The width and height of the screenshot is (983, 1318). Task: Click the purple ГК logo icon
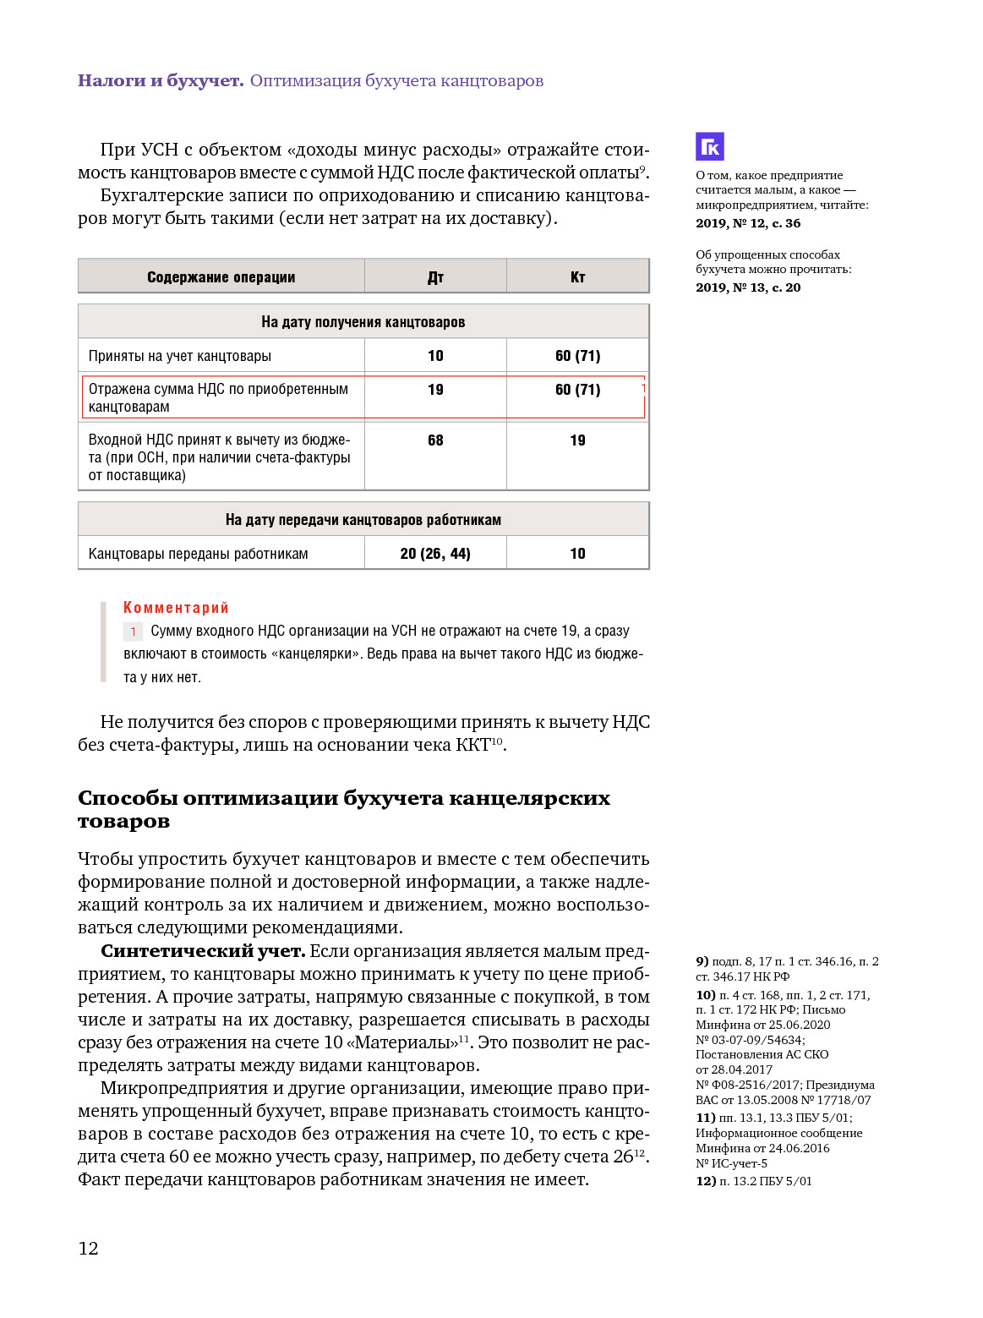point(710,147)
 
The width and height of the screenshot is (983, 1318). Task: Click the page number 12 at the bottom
point(88,1248)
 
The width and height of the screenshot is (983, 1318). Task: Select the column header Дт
point(435,277)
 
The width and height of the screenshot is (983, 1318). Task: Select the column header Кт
point(577,277)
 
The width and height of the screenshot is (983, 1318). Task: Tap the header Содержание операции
point(221,277)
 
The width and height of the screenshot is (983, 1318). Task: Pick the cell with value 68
point(435,440)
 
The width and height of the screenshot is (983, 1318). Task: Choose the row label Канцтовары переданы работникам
point(198,554)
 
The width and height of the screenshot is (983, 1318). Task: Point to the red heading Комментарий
point(176,608)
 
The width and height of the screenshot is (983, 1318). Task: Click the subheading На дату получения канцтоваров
point(363,322)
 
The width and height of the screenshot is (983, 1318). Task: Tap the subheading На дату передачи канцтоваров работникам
point(363,520)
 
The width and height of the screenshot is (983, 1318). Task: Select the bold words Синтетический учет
point(202,951)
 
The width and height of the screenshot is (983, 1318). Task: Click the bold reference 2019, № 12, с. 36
point(748,223)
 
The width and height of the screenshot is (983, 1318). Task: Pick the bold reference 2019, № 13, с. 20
point(748,287)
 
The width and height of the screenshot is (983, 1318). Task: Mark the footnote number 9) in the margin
point(702,961)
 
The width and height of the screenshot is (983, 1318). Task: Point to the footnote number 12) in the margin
point(706,1181)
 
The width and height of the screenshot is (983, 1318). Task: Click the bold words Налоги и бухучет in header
point(161,81)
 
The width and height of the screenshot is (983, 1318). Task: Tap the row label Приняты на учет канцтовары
point(179,356)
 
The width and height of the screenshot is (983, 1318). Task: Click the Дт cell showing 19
point(435,390)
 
